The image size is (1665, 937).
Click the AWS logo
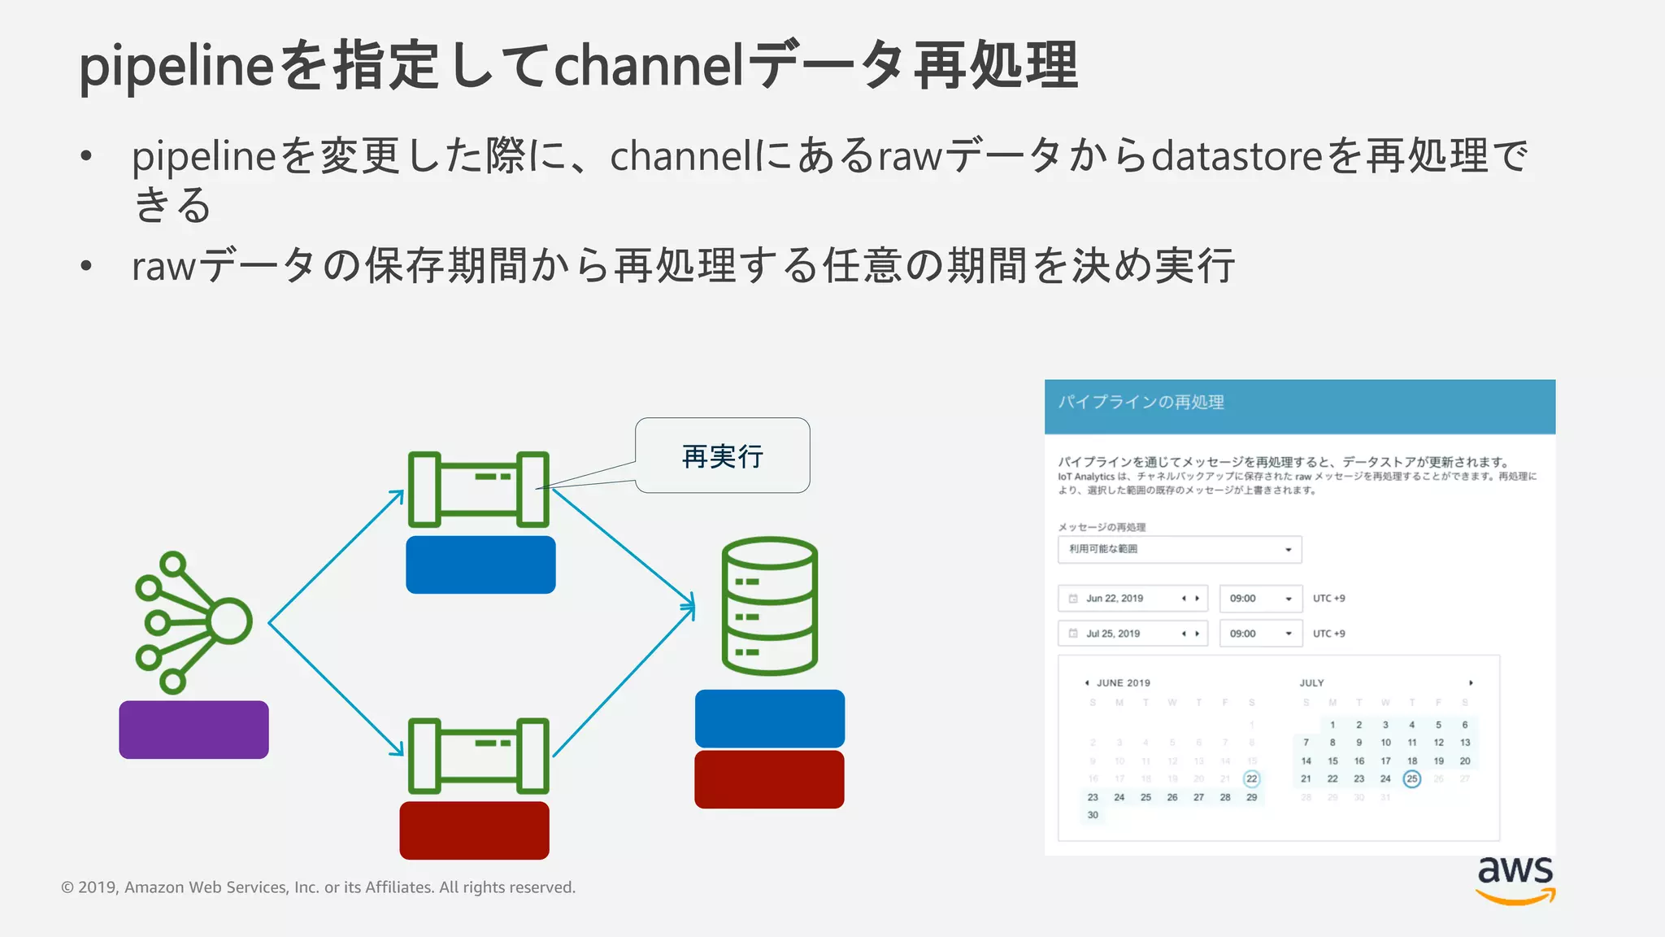tap(1515, 879)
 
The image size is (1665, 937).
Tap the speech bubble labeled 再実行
tap(723, 455)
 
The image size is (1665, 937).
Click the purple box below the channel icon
tap(193, 730)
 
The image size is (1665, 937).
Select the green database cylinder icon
tap(769, 605)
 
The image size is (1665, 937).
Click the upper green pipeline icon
tap(478, 489)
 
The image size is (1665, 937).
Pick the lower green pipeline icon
tap(478, 756)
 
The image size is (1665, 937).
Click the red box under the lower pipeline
tap(474, 830)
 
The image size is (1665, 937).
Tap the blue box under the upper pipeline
tap(480, 564)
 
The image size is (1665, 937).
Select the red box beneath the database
tap(769, 779)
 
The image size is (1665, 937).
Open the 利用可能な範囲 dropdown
tap(1179, 550)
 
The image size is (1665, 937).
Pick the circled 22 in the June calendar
tap(1251, 779)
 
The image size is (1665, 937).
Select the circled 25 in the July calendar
tap(1412, 779)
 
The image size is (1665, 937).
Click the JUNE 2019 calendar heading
tap(1123, 683)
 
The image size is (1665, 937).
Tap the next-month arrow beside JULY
tap(1471, 683)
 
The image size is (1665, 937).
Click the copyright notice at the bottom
tap(318, 887)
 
